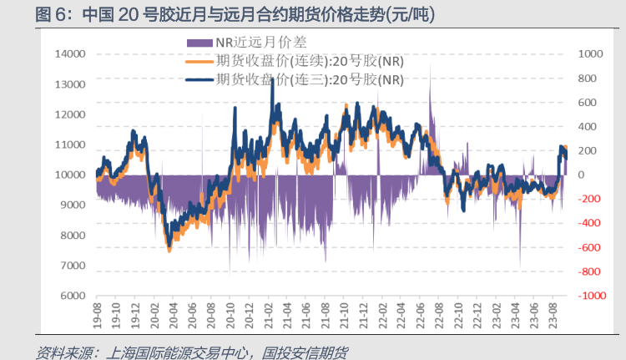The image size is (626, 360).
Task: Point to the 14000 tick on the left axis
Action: click(x=70, y=54)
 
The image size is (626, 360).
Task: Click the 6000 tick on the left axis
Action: click(x=73, y=296)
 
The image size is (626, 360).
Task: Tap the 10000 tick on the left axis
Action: click(x=70, y=175)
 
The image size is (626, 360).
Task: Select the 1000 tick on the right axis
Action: click(x=588, y=54)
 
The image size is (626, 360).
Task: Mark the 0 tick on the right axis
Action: click(x=581, y=175)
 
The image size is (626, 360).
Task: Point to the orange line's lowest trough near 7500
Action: click(x=169, y=249)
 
